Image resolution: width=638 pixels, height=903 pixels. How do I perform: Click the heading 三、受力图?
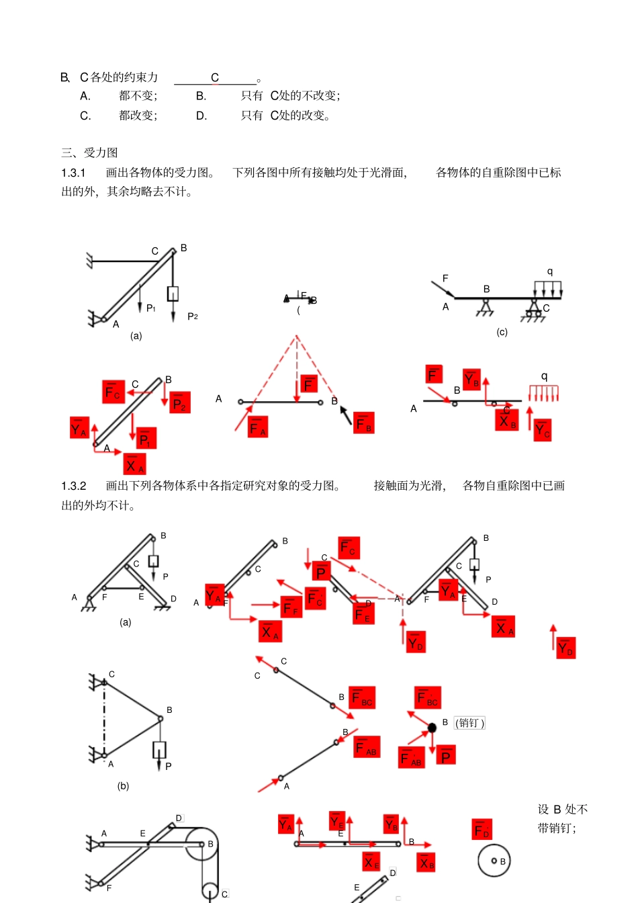[x=89, y=153]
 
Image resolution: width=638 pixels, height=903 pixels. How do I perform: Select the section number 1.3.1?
[x=74, y=173]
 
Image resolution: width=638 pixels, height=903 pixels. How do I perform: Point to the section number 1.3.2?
[x=74, y=486]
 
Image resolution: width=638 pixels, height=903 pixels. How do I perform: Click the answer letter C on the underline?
[x=215, y=78]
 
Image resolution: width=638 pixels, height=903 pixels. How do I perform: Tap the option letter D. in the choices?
[x=201, y=116]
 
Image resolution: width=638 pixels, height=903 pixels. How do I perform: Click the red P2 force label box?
[x=180, y=402]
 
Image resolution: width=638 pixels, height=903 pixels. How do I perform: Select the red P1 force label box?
[x=146, y=438]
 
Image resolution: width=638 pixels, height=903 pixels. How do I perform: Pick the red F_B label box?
[x=364, y=423]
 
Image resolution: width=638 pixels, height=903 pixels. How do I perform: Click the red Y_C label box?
[x=543, y=429]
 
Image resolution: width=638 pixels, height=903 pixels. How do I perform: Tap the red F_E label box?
[x=364, y=613]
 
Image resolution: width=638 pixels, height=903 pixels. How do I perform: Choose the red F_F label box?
[x=291, y=607]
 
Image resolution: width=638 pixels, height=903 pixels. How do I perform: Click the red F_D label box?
[x=482, y=829]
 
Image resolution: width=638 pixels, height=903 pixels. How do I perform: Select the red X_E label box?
[x=371, y=861]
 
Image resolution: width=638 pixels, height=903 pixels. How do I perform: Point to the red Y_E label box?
[x=337, y=821]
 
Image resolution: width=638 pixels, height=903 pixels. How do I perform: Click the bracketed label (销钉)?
[x=469, y=723]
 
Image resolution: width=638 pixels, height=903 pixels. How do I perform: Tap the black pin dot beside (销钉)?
[x=432, y=728]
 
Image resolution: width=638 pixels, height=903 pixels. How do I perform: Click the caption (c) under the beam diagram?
[x=502, y=332]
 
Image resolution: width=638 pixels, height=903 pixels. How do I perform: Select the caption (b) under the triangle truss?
[x=123, y=785]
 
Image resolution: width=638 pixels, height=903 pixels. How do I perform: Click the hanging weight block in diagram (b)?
[x=159, y=750]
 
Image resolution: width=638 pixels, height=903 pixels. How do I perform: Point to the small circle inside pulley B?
[x=494, y=861]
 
